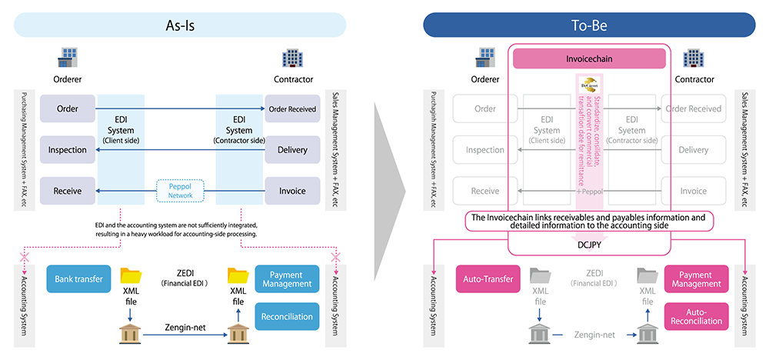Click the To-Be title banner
click(589, 25)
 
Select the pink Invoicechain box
click(588, 58)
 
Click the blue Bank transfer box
click(78, 278)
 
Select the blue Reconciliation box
click(286, 315)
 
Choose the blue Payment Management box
click(286, 279)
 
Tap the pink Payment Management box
click(695, 279)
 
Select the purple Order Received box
click(291, 108)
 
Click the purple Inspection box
click(68, 149)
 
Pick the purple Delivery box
click(291, 149)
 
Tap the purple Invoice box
click(291, 191)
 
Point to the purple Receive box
click(68, 191)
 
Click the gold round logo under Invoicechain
click(588, 85)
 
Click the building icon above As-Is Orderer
click(68, 58)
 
